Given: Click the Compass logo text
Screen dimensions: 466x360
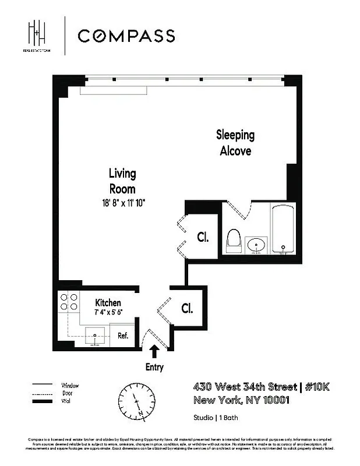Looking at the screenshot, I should point(126,36).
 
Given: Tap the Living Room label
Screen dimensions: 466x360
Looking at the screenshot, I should point(122,181).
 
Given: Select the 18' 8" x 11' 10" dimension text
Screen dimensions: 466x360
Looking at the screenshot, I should point(122,203).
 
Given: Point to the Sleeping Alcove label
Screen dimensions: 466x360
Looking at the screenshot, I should point(235,143).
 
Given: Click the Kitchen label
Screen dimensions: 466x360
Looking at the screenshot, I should point(108,303).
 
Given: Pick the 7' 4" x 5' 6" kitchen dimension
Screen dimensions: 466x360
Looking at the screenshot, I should point(108,312).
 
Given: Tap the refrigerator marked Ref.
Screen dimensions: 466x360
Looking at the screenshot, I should point(123,336).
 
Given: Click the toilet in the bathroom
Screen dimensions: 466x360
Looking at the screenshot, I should point(234,241).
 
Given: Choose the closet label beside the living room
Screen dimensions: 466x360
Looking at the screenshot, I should point(203,238).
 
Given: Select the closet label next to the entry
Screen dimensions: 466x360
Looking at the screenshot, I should point(187,308).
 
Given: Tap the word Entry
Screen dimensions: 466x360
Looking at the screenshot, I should point(155,368).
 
